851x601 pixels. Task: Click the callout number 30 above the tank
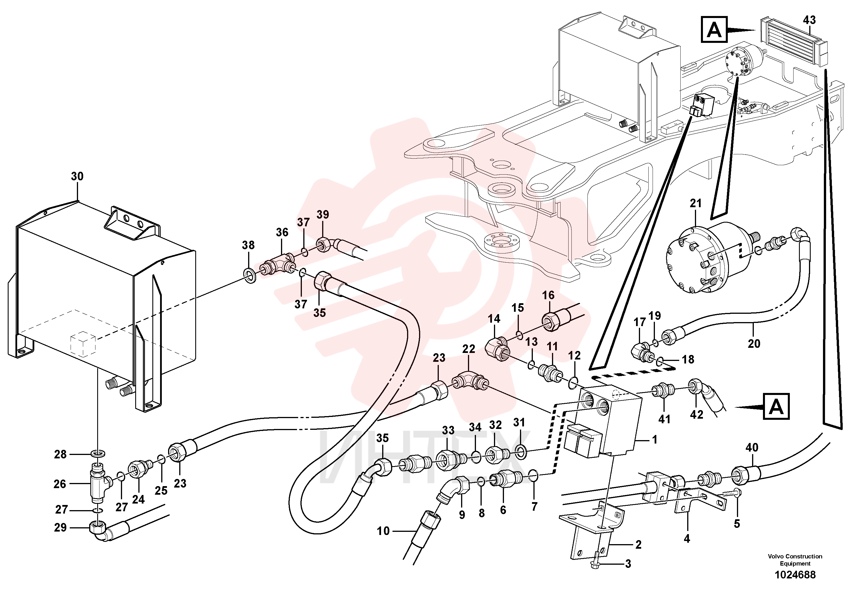(x=77, y=176)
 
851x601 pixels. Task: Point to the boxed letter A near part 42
(x=776, y=407)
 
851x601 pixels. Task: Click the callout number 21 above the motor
(x=696, y=203)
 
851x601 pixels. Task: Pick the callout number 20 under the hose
(x=754, y=344)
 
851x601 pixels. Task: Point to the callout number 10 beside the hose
(x=383, y=531)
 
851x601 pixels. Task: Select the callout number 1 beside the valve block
(x=655, y=440)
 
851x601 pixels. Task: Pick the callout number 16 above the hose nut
(x=548, y=295)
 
